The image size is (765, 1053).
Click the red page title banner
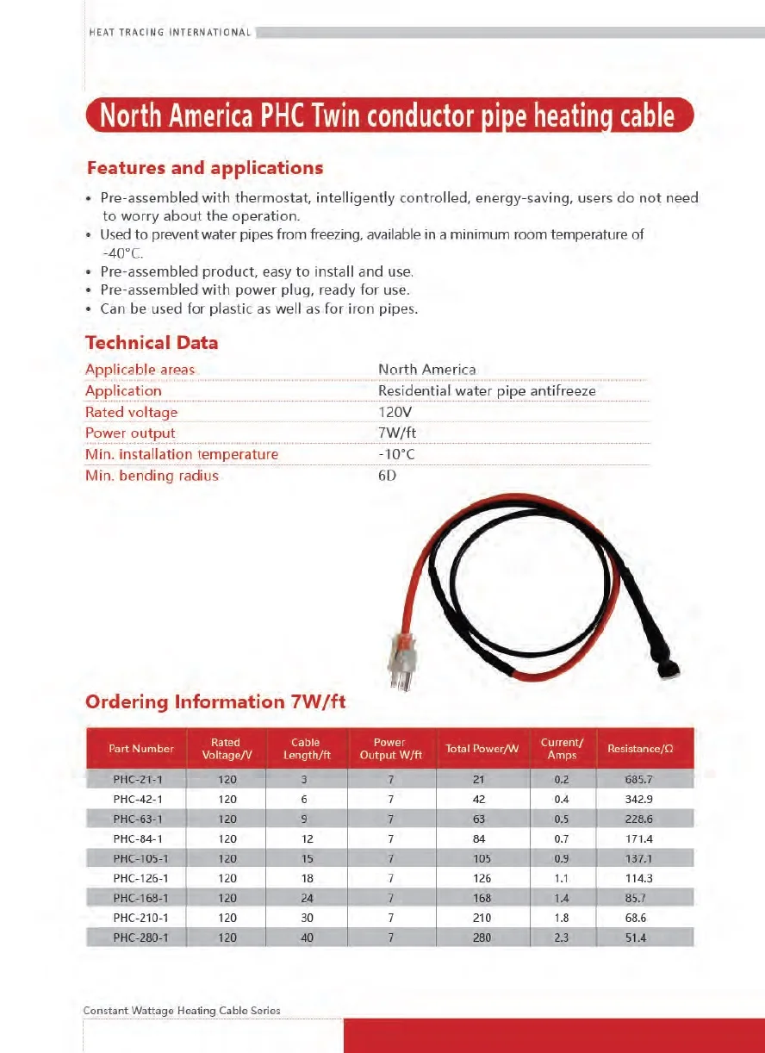(389, 115)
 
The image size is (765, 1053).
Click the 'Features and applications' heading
(204, 168)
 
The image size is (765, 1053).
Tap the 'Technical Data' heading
(152, 343)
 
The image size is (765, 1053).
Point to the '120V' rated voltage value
(395, 412)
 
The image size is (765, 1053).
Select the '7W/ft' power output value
(398, 433)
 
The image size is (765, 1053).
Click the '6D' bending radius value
(387, 476)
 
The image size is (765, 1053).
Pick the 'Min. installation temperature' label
(182, 454)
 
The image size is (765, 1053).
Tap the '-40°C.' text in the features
(122, 252)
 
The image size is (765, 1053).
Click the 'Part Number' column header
(141, 749)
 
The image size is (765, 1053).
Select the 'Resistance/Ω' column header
(639, 749)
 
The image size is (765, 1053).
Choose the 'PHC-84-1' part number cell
(137, 839)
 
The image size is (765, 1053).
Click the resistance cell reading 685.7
(639, 780)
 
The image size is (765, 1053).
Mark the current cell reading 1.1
(561, 879)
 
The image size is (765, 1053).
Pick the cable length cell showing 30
(307, 918)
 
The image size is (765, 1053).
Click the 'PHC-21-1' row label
(137, 780)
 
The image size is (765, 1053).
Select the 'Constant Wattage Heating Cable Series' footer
(182, 1011)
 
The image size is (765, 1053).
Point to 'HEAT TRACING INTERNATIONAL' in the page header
(171, 33)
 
